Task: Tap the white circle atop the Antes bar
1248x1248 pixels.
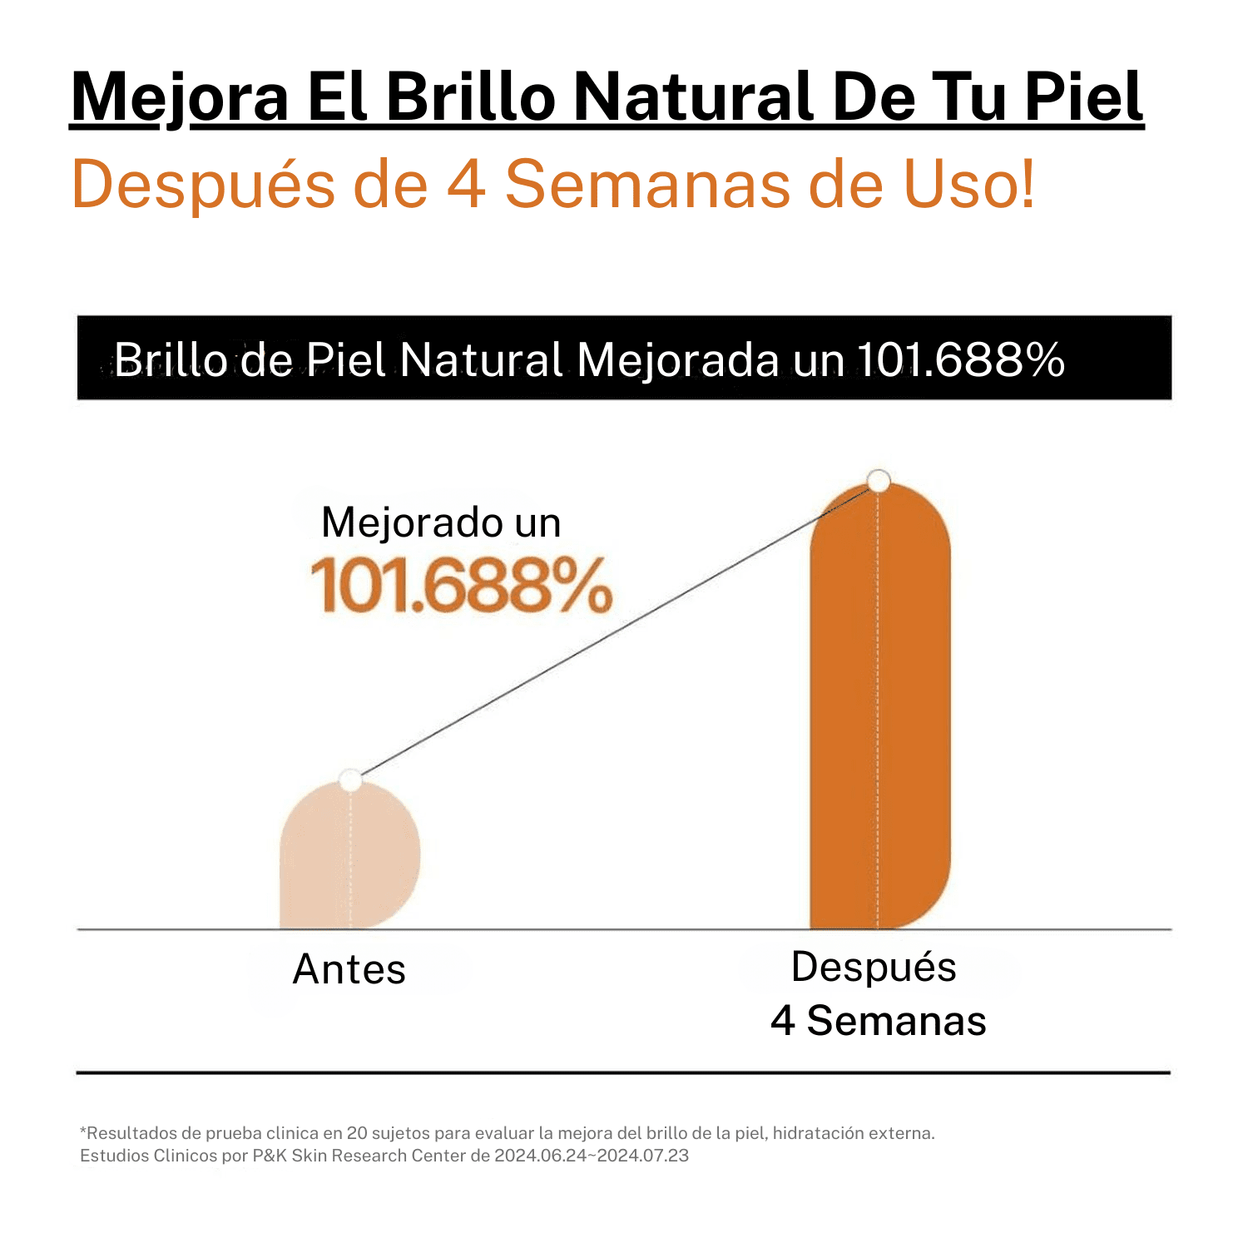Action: pos(350,780)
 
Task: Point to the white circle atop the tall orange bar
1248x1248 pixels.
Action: pos(879,481)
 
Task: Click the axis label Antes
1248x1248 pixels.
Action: pos(349,970)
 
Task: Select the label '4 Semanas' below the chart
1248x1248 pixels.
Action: pos(878,1021)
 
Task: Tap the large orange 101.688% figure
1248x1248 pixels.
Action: pos(461,586)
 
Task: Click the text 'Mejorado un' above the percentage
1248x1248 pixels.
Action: pos(441,523)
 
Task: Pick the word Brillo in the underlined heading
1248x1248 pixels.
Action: pos(471,98)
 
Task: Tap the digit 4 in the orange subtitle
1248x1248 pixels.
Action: pos(466,185)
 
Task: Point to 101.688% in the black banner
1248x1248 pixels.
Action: pos(961,360)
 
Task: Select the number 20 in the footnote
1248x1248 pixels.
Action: pos(357,1133)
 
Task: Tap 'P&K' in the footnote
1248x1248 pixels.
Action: pos(270,1156)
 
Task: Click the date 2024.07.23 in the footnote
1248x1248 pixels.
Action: pos(644,1156)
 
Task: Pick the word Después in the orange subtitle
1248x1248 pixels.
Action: pos(204,185)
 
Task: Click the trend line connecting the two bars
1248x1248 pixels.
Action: pos(616,631)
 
